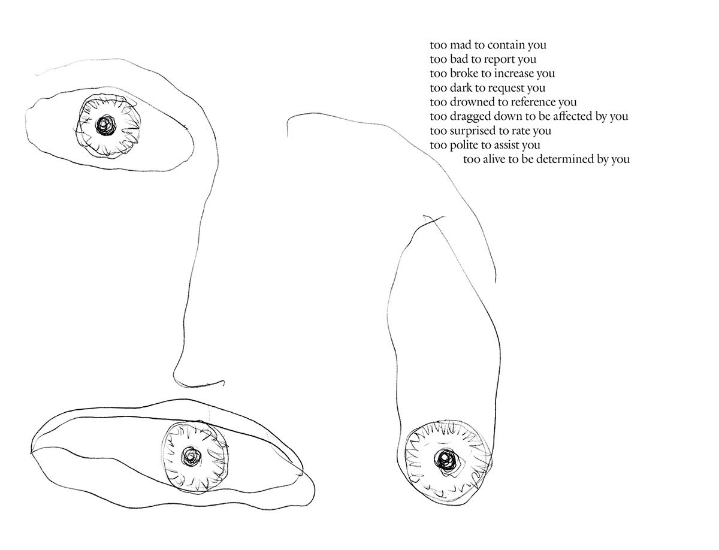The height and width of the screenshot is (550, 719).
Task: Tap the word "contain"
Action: point(507,45)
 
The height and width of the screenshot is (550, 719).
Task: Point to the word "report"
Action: point(499,61)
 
